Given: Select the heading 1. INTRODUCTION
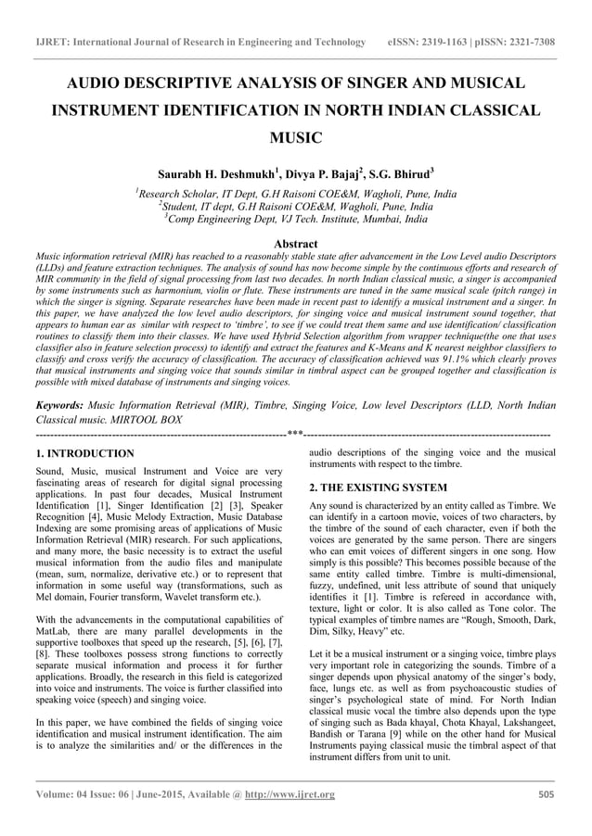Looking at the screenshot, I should [x=84, y=453].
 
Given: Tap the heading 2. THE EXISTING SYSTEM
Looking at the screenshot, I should [x=379, y=487].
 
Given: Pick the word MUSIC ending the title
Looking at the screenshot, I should [x=295, y=139].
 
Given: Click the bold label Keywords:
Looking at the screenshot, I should [x=59, y=405].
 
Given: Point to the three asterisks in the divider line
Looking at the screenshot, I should [x=295, y=434].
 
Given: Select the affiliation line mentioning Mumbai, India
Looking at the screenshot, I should [x=295, y=221].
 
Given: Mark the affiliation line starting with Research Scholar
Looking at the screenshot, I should [x=295, y=195].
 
